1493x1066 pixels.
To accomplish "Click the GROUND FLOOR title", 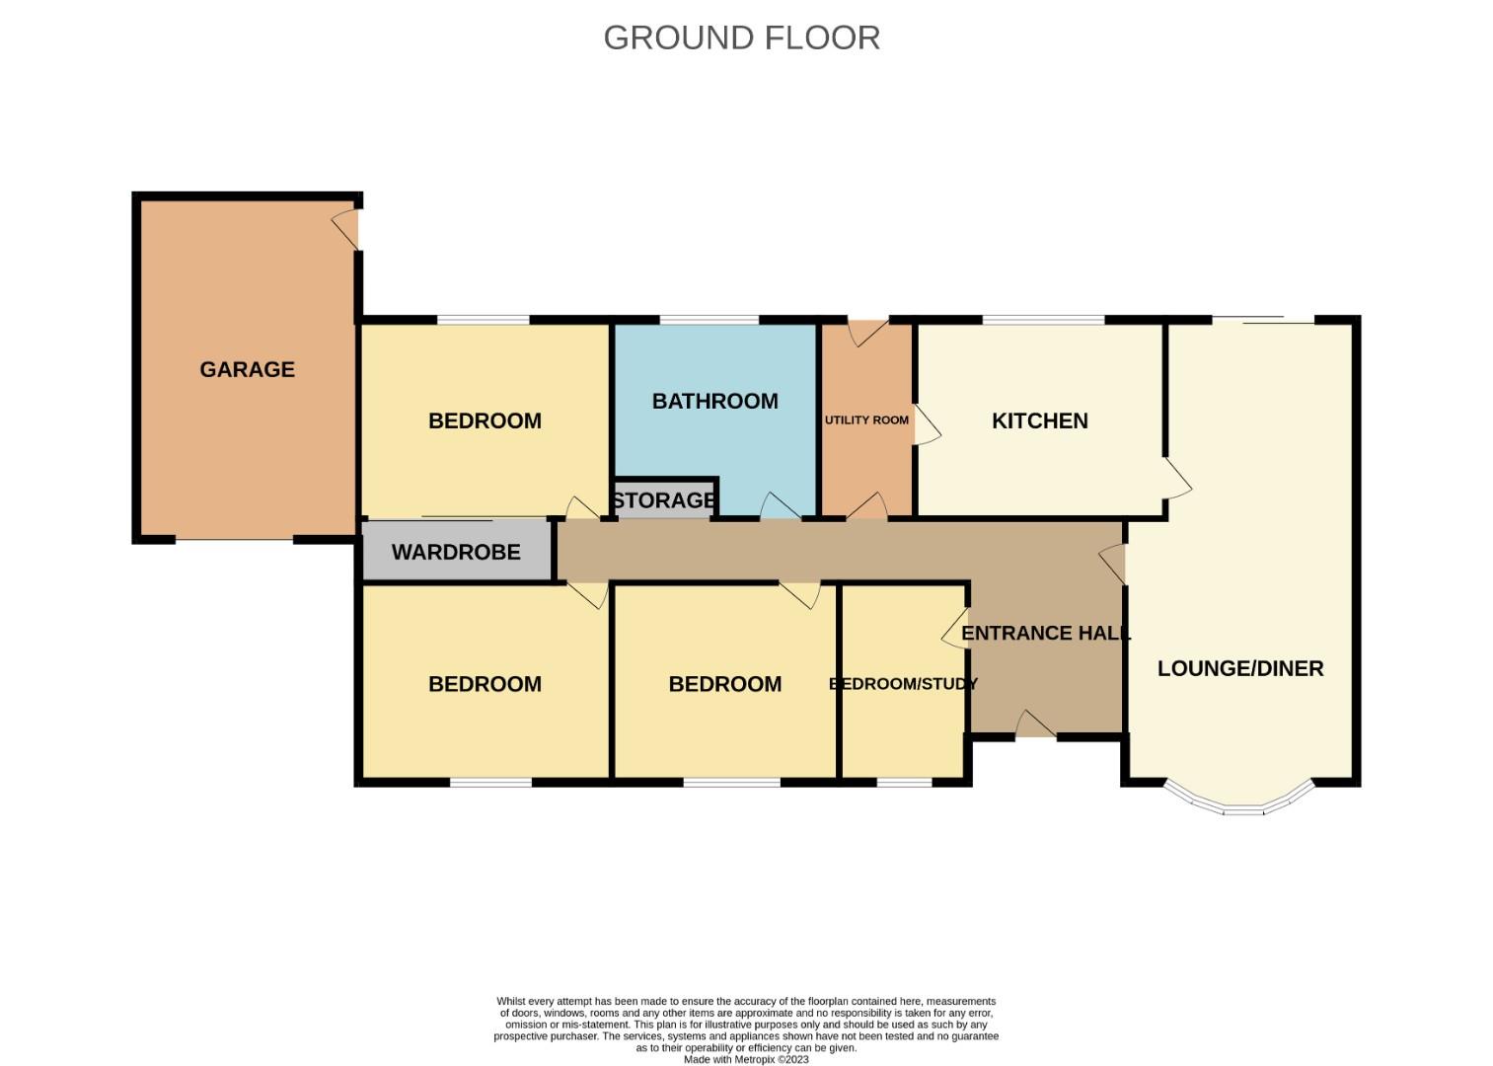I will click(x=741, y=38).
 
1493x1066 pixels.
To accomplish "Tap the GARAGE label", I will click(x=247, y=369).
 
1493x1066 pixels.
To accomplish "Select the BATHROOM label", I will click(x=714, y=401).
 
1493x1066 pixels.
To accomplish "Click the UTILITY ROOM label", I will click(x=866, y=419).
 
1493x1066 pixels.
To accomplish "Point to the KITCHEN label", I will click(x=1039, y=420).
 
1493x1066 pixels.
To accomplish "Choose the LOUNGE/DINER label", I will click(x=1239, y=668).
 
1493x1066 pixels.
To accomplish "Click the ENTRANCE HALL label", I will click(x=1045, y=633).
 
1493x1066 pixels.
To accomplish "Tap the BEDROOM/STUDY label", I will click(x=903, y=684).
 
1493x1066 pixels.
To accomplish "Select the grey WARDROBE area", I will click(x=456, y=552).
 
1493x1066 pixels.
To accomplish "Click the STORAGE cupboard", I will click(x=663, y=500).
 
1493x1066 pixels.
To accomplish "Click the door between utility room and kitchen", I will click(x=927, y=424).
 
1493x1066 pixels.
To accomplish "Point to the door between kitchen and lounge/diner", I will click(x=1177, y=478).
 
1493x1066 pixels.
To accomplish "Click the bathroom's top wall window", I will click(x=709, y=320).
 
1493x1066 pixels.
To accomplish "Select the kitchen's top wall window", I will click(x=1043, y=320).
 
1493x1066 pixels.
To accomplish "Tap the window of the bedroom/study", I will click(x=904, y=783).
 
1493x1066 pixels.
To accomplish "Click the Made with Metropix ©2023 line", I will click(x=746, y=1059).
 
